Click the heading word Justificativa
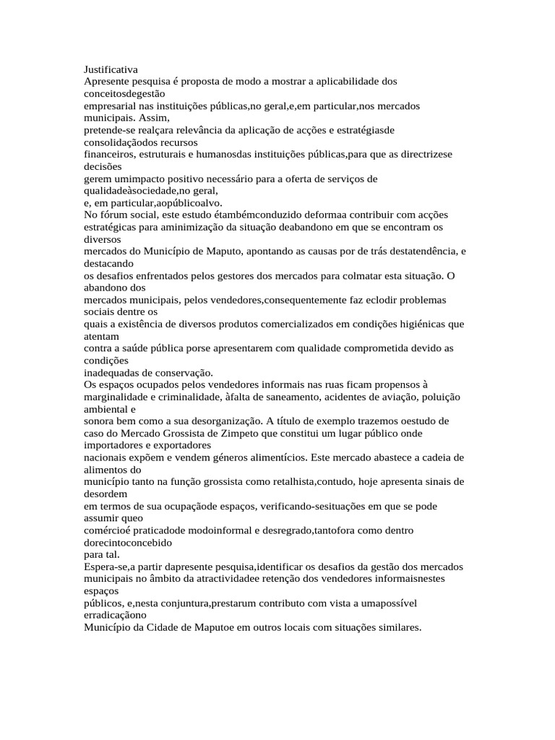pyautogui.click(x=111, y=69)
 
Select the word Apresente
pyautogui.click(x=107, y=82)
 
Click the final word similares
pyautogui.click(x=398, y=627)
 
